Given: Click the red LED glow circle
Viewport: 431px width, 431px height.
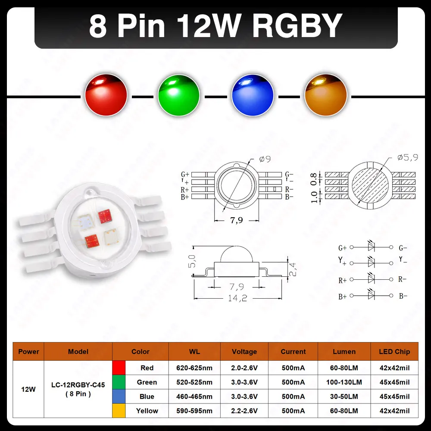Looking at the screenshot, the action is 106,95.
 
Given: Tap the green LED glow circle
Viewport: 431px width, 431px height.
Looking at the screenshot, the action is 179,95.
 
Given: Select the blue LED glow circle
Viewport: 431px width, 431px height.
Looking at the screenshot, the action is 253,95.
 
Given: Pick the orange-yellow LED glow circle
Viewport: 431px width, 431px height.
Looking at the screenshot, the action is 326,95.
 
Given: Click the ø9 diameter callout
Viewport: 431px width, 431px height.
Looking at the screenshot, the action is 265,159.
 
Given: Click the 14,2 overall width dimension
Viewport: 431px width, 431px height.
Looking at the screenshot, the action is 238,298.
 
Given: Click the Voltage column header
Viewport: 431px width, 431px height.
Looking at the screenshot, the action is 244,352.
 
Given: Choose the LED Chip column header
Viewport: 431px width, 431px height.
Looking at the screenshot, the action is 394,352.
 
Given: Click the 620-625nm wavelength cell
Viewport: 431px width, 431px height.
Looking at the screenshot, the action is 194,368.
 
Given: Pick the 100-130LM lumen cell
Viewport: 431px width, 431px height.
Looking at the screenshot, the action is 344,382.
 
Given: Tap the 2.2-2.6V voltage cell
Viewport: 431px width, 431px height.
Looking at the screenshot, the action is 244,411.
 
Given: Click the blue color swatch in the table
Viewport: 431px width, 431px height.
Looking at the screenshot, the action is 119,397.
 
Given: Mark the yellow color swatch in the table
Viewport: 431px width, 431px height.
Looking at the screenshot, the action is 119,411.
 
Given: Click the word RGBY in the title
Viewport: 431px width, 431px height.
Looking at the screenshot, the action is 297,26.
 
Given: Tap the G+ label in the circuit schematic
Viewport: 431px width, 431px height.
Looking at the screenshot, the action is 343,248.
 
